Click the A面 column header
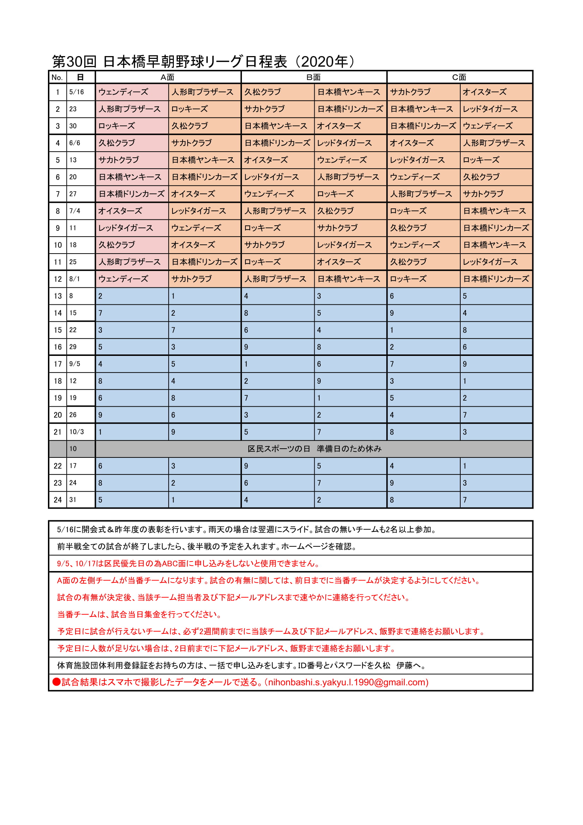coord(168,77)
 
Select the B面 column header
coord(313,77)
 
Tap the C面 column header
coord(459,77)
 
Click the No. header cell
coord(57,77)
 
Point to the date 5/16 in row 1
coord(77,92)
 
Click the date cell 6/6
coord(75,143)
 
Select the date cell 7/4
coord(75,211)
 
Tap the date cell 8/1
coord(75,279)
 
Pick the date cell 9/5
coord(75,364)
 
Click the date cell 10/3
coord(77,432)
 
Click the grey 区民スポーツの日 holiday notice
coord(314,449)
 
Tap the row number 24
coord(57,500)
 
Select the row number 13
coord(57,296)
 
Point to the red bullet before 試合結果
coord(56,682)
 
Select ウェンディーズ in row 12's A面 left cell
coord(123,279)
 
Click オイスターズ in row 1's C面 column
coord(484,92)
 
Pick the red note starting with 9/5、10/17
coord(188,563)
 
